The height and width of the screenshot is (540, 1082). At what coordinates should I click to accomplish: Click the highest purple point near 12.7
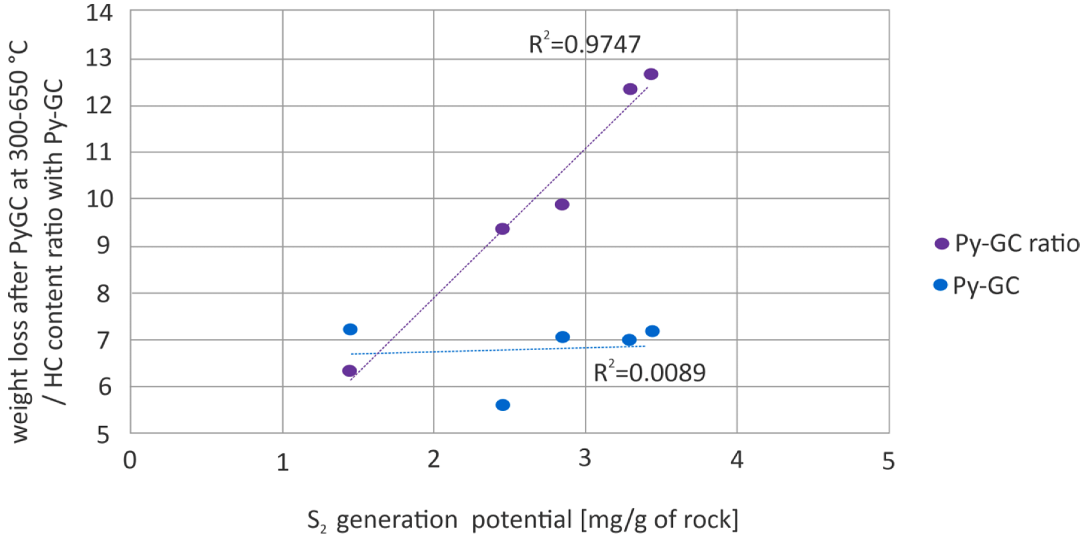[x=651, y=74]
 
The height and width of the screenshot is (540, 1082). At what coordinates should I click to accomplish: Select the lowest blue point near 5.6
[x=503, y=405]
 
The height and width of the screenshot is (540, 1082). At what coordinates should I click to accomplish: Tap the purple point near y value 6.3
[x=349, y=371]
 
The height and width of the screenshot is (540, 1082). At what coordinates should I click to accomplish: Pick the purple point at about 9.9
[x=562, y=205]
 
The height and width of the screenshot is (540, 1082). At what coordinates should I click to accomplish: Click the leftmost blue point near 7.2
[x=350, y=329]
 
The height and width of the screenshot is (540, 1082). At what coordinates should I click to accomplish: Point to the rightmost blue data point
[x=652, y=331]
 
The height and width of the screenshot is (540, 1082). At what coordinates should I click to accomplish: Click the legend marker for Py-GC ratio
[x=942, y=244]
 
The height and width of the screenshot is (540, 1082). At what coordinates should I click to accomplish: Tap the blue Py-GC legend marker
[x=940, y=285]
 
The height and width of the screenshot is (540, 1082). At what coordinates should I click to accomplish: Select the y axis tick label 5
[x=103, y=436]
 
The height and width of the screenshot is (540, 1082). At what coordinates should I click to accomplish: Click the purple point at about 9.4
[x=502, y=229]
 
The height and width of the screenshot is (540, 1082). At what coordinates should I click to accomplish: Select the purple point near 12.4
[x=630, y=89]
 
